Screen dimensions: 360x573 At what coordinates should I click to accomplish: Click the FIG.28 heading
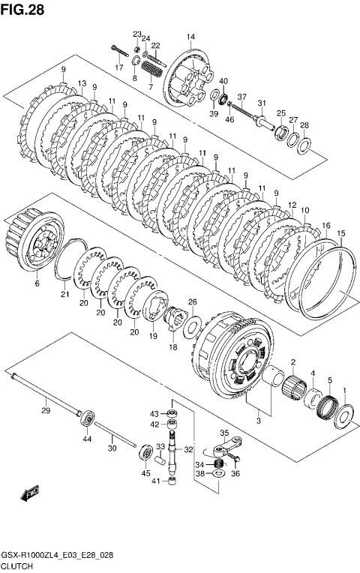click(x=22, y=10)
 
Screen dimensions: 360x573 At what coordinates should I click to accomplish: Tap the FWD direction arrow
click(x=30, y=493)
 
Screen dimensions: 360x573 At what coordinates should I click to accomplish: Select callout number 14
click(x=190, y=37)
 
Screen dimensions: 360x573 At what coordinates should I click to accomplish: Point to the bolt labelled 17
click(x=119, y=51)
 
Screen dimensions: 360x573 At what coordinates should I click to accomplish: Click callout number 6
click(x=37, y=283)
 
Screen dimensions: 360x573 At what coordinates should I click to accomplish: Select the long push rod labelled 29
click(x=46, y=394)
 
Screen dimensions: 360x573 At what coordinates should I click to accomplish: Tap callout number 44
click(x=86, y=439)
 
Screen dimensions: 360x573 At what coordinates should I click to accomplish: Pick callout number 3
click(x=259, y=421)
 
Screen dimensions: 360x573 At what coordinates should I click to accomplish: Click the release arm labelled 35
click(x=225, y=446)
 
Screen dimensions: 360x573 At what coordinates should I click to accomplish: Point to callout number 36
click(x=235, y=473)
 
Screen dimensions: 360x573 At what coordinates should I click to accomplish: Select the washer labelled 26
click(x=192, y=324)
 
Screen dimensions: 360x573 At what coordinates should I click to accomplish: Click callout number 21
click(x=64, y=294)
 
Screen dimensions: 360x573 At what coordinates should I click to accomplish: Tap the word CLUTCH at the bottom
click(x=17, y=566)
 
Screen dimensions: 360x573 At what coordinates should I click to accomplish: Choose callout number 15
click(x=340, y=233)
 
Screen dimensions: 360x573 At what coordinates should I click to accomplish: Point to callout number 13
click(x=82, y=83)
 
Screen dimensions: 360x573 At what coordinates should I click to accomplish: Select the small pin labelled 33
click(x=160, y=458)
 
